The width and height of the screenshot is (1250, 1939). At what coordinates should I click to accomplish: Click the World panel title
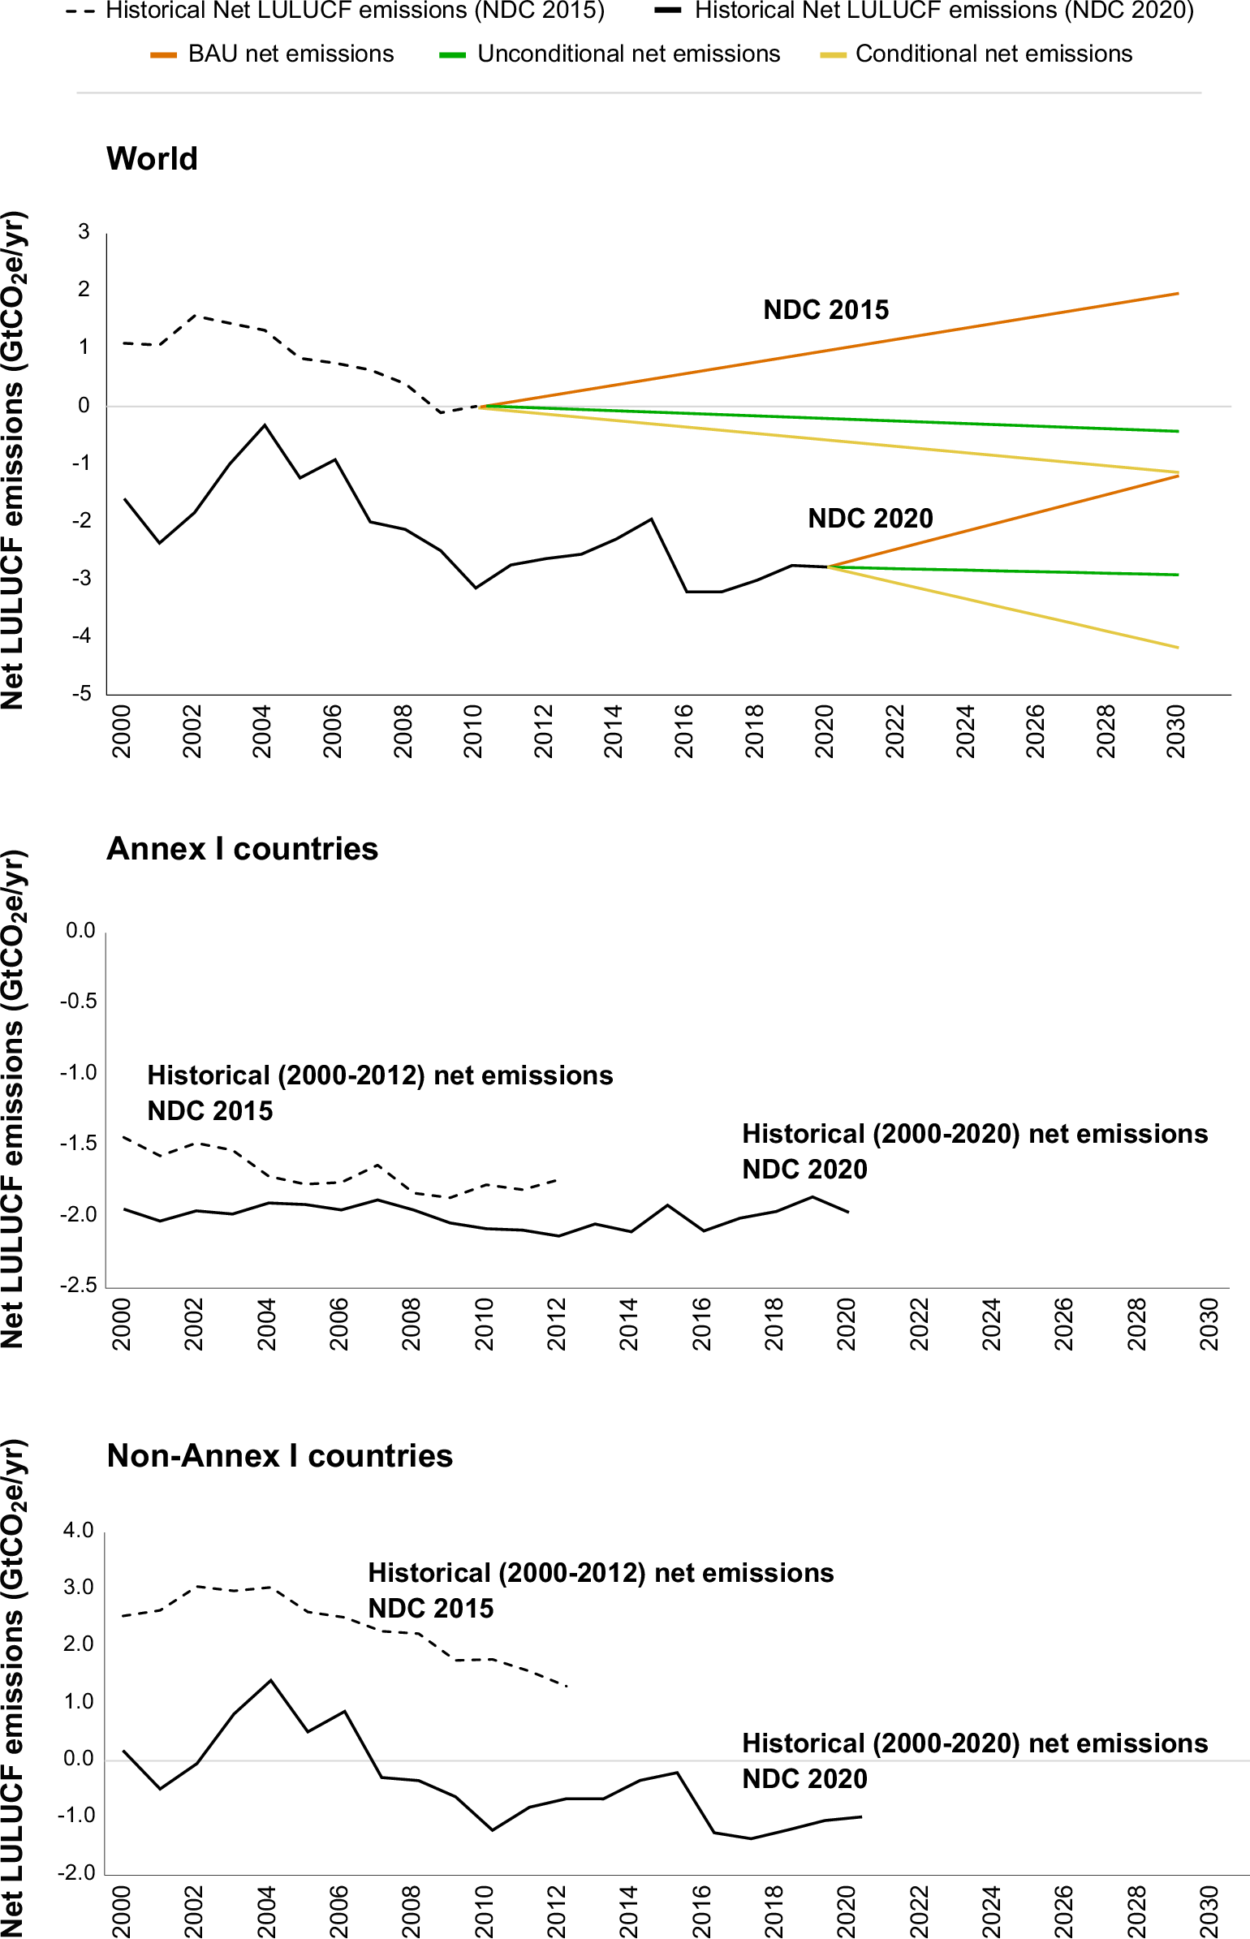point(152,159)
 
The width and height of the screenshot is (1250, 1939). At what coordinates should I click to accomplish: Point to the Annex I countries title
point(242,849)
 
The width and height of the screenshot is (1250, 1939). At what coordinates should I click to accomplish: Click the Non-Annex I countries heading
point(279,1456)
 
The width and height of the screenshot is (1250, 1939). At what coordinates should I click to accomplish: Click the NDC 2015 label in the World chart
point(825,310)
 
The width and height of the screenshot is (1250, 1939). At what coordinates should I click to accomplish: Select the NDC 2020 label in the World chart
point(869,519)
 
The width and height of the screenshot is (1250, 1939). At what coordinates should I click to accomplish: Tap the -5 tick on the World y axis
point(82,694)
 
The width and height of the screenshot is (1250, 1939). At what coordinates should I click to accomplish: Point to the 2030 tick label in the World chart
point(1175,731)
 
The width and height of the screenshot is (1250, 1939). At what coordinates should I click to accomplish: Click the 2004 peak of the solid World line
point(265,425)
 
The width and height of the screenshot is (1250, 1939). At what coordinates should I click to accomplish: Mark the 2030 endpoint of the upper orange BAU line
point(1177,294)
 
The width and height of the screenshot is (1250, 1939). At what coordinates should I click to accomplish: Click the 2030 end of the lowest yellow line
point(1177,648)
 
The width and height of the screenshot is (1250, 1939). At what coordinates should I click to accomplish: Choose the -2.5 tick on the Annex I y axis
point(78,1285)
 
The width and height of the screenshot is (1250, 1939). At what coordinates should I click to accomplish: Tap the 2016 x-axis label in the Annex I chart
point(701,1324)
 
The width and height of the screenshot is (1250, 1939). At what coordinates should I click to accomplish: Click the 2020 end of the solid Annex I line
point(848,1212)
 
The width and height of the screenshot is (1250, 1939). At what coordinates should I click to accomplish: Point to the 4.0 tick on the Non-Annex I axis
point(79,1531)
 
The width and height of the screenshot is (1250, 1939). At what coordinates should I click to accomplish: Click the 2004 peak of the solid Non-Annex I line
point(270,1681)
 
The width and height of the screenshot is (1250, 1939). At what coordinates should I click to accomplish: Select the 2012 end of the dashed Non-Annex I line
point(566,1686)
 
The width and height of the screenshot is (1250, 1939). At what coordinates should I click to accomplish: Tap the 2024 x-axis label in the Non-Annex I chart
point(990,1911)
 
